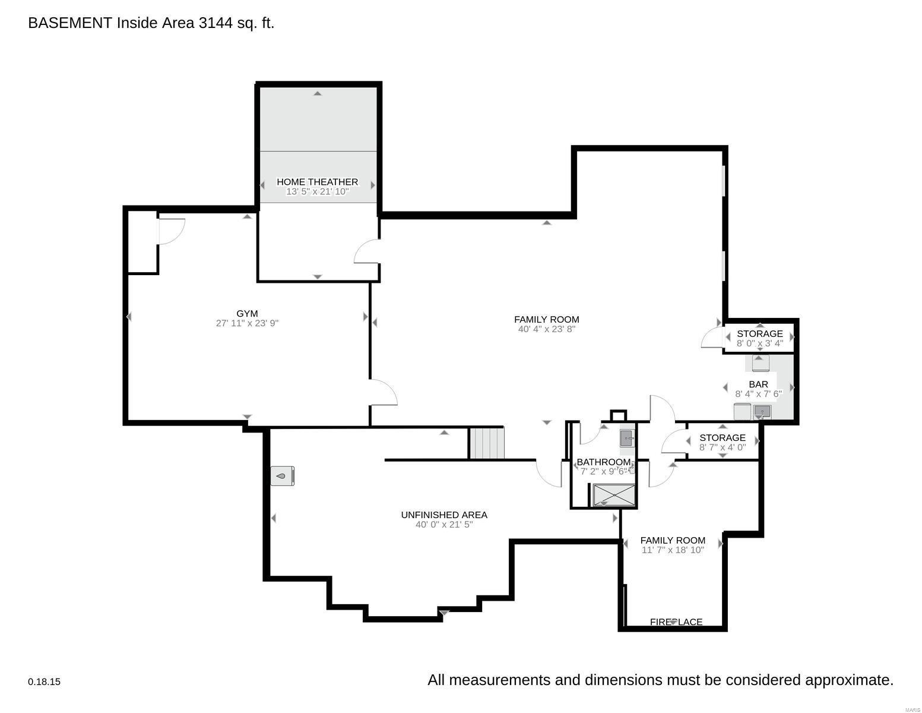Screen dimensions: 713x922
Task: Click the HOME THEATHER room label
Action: pos(317,182)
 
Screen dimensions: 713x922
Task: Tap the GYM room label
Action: pos(247,314)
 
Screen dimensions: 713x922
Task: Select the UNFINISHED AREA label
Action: pos(444,515)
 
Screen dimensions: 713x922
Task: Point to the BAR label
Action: pos(758,384)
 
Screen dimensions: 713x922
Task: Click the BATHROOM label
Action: pos(603,462)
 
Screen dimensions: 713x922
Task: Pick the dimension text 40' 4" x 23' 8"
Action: pos(546,329)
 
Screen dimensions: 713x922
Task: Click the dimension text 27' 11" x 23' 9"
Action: pos(247,324)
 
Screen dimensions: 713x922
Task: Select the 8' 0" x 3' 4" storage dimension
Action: pos(759,343)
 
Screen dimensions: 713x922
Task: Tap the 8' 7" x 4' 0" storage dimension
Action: pos(722,447)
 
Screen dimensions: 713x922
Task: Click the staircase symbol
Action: pos(487,443)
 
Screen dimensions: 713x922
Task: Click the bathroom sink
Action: pos(627,438)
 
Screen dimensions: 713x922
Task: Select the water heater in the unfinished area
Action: pos(283,475)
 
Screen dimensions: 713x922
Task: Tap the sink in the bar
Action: pos(762,411)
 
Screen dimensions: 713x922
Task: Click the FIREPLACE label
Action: pos(676,622)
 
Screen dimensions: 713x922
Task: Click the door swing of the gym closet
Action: pos(171,231)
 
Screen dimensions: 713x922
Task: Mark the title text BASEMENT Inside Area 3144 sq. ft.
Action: pos(151,23)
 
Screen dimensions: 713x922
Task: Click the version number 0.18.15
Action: pos(44,682)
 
